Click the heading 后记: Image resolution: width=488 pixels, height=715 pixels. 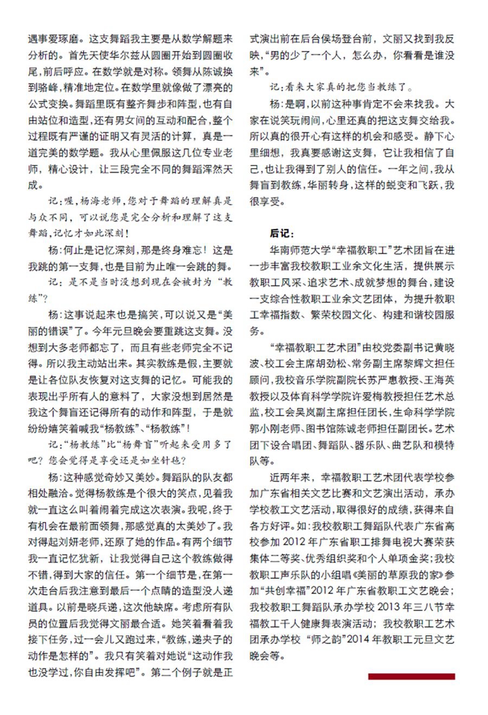tap(282, 233)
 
